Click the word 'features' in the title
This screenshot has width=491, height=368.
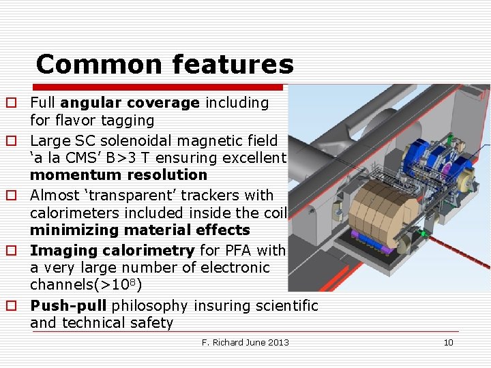233,65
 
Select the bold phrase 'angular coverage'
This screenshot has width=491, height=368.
130,103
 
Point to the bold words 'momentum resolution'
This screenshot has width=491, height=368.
118,175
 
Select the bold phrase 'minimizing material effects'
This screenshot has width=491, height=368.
140,230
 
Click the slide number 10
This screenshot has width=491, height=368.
448,342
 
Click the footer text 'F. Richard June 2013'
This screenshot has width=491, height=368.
245,342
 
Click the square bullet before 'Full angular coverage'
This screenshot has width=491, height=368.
12,104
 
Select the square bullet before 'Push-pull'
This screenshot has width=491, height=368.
12,306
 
